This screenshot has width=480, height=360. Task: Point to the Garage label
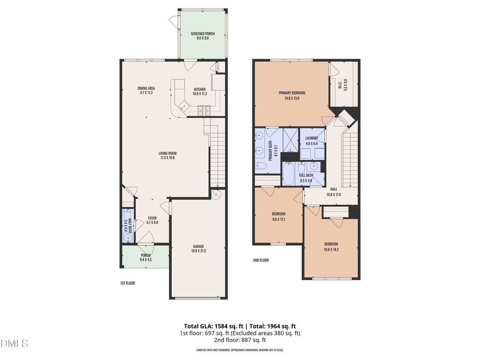tap(198, 246)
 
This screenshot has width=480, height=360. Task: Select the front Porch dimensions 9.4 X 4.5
tap(146, 260)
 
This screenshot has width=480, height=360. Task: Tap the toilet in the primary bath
tap(261, 166)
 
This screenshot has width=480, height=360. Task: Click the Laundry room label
tap(311, 138)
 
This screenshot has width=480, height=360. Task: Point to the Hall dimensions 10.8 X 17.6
tap(333, 194)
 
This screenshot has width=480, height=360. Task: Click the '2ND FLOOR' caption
tap(261, 260)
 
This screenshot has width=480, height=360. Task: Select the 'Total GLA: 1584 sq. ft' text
tap(209, 326)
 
